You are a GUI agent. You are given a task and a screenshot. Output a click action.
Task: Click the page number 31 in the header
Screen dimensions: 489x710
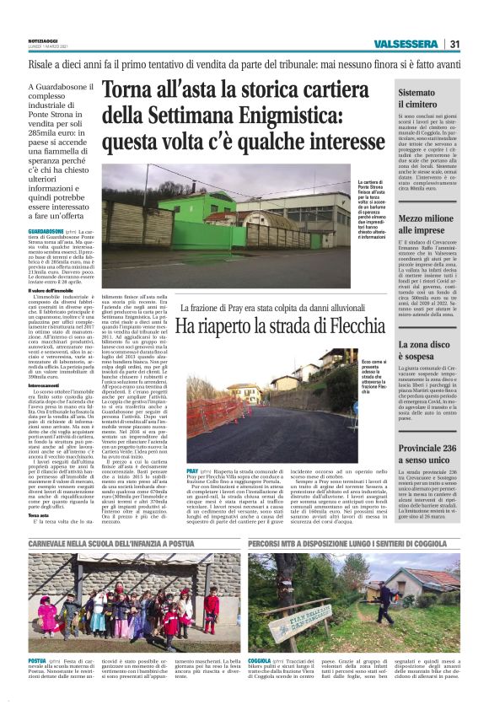(454, 44)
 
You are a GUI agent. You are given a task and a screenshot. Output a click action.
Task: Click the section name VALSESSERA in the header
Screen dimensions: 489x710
(410, 44)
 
